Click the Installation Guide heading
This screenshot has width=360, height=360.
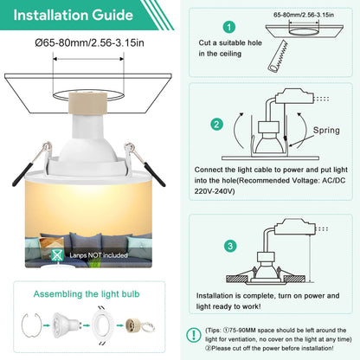point(74,16)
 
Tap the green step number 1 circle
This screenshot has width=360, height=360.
point(229,27)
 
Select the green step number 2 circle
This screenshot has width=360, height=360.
point(216,125)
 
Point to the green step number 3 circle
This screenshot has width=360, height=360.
point(230,246)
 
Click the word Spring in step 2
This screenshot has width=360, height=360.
point(326,131)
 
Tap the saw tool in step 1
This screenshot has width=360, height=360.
point(278,56)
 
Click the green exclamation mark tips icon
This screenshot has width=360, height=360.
point(194,335)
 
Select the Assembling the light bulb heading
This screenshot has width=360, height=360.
point(87,294)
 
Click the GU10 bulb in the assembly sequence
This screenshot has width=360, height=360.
point(66,325)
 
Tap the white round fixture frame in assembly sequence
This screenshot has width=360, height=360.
point(103,325)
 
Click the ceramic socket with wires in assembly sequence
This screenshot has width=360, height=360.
point(140,325)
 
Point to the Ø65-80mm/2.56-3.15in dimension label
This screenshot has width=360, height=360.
point(89,43)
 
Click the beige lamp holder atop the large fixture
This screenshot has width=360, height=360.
point(87,103)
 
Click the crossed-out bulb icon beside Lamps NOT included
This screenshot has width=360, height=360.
point(57,255)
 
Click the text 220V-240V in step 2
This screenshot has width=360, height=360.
point(214,191)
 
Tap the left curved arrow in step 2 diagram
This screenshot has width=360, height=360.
point(239,131)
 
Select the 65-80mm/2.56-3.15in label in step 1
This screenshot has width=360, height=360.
point(304,15)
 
